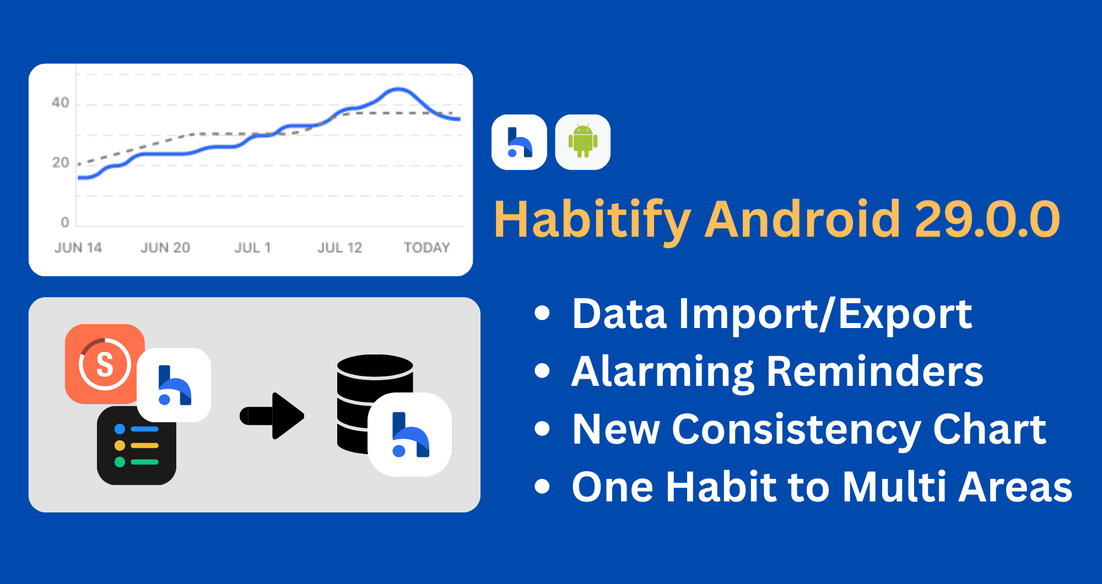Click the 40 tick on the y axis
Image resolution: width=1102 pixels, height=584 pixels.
[61, 103]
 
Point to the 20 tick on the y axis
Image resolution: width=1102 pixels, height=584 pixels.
[61, 163]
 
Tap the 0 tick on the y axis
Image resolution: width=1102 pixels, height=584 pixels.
[65, 222]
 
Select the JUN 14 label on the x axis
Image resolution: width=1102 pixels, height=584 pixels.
[78, 248]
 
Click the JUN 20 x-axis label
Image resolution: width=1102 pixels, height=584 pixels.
[165, 248]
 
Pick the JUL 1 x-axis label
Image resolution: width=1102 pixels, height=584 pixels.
[253, 248]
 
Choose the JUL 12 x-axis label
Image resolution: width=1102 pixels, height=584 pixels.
[340, 248]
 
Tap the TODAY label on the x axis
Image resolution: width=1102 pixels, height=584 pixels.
[427, 248]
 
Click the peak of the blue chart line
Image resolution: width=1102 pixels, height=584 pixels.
[398, 89]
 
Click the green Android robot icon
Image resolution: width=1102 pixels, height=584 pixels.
[583, 142]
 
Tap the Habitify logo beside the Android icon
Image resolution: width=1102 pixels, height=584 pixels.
[519, 142]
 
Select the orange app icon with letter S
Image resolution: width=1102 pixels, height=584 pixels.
[105, 364]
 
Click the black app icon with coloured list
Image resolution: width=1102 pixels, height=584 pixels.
[137, 446]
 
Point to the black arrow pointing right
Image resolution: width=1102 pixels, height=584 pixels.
[272, 416]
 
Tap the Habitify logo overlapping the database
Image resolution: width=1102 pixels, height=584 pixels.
[410, 434]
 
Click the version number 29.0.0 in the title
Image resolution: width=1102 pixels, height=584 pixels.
[987, 220]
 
